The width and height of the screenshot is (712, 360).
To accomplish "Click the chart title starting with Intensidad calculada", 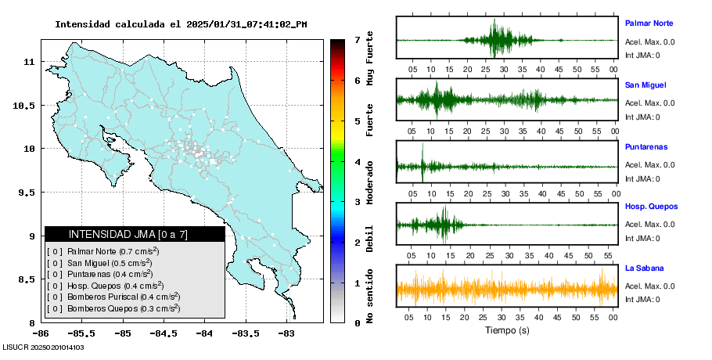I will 181,24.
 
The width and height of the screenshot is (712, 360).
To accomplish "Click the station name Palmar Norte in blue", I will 649,23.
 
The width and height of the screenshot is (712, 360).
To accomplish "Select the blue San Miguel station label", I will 645,85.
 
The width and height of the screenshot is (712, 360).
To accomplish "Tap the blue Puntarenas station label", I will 646,146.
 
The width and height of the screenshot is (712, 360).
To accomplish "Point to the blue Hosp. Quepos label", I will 650,207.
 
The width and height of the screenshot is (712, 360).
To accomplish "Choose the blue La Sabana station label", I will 644,268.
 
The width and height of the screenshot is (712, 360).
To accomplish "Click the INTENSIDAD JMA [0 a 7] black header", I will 135,234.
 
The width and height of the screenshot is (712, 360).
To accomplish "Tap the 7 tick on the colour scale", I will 357,39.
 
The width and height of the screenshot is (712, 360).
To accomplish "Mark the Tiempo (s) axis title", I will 507,330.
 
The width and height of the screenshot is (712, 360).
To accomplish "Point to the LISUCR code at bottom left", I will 44,347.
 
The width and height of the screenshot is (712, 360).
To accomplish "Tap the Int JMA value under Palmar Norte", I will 642,55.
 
